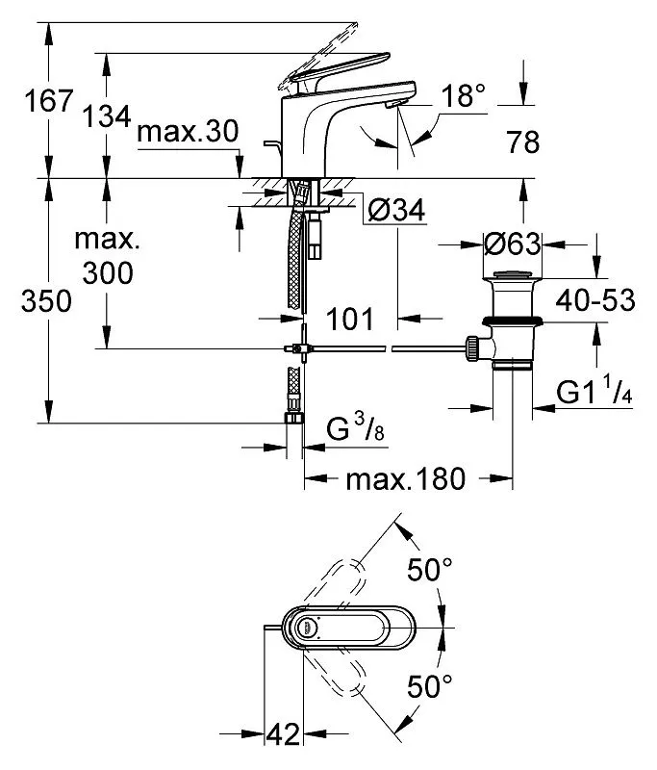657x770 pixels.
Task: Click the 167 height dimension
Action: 49,101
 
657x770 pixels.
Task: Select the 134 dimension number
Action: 107,116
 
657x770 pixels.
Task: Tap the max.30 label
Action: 188,133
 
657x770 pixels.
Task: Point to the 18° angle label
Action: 464,95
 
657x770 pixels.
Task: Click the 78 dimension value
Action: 523,141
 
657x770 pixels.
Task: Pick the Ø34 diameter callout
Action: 396,211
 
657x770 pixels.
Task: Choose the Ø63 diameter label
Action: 513,244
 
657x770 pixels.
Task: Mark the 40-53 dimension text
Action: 595,300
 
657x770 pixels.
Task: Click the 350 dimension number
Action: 46,301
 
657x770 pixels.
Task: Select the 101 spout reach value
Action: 350,320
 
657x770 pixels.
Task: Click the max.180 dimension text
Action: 405,478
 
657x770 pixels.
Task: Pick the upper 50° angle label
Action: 430,570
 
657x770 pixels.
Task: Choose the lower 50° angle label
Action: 430,686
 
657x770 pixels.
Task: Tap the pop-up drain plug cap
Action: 512,274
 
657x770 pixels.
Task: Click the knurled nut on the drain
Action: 472,348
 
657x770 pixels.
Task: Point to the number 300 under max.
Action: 108,273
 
